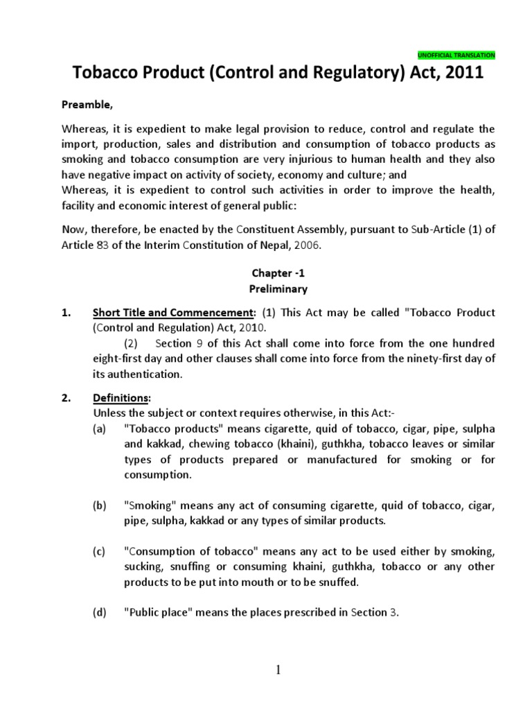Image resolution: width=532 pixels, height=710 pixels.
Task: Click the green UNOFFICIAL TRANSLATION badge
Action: (x=456, y=55)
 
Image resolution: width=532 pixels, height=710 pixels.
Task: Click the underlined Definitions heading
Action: (x=121, y=398)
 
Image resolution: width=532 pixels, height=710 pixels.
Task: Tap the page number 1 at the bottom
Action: (x=278, y=669)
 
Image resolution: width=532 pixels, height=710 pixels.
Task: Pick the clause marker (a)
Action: (x=101, y=429)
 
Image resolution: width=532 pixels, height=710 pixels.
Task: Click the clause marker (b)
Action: (x=101, y=505)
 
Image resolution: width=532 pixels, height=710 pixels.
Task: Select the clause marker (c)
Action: (x=101, y=551)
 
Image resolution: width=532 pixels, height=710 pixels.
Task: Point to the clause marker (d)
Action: (x=101, y=612)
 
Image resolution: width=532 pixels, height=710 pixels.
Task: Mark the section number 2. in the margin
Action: (x=66, y=398)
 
